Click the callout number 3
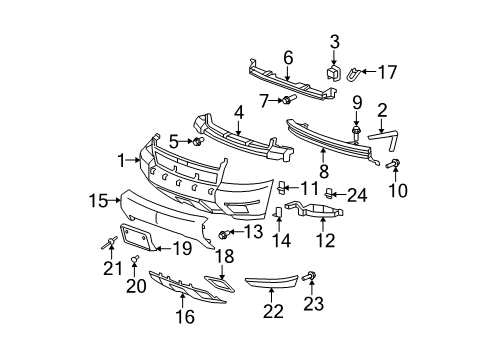pos(335,42)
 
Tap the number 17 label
pos(387,72)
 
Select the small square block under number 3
pos(332,73)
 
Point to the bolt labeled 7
pos(289,99)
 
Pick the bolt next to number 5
pos(198,141)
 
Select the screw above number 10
pos(393,164)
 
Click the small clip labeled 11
pos(282,188)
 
